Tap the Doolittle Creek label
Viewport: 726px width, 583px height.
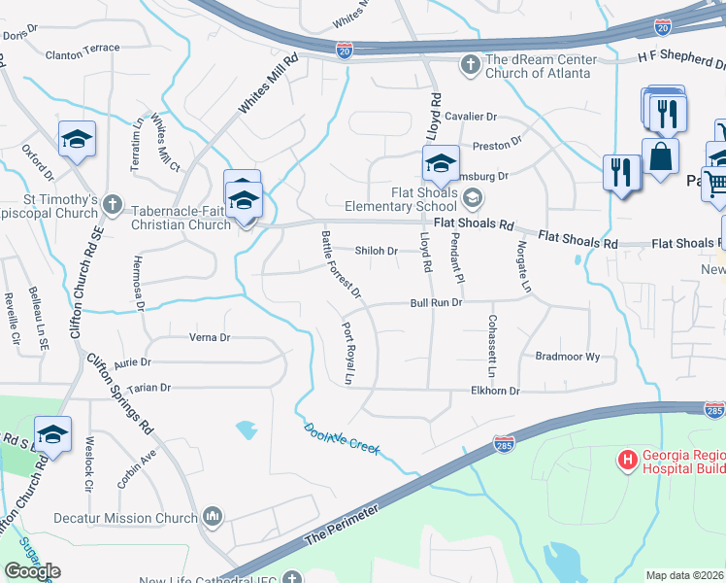pos(342,440)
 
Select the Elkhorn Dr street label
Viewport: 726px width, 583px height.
pos(495,391)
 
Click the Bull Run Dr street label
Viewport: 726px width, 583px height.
pos(434,303)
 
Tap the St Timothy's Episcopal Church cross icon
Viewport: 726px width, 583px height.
pos(114,205)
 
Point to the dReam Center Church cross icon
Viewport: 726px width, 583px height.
pos(470,65)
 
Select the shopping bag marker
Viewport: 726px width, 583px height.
pos(660,155)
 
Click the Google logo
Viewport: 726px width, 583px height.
pos(32,570)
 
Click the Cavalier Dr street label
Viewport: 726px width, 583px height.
pos(471,117)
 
